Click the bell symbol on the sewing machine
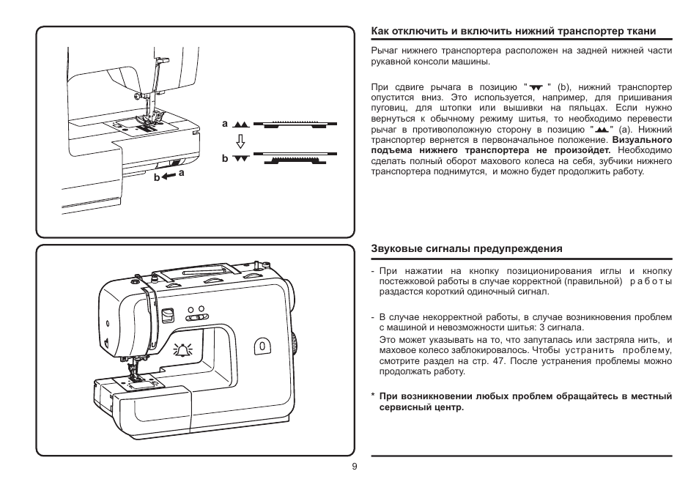coord(180,351)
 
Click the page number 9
coord(354,467)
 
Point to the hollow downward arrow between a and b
coord(240,141)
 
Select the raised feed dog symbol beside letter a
coord(243,125)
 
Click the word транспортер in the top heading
coord(590,31)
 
